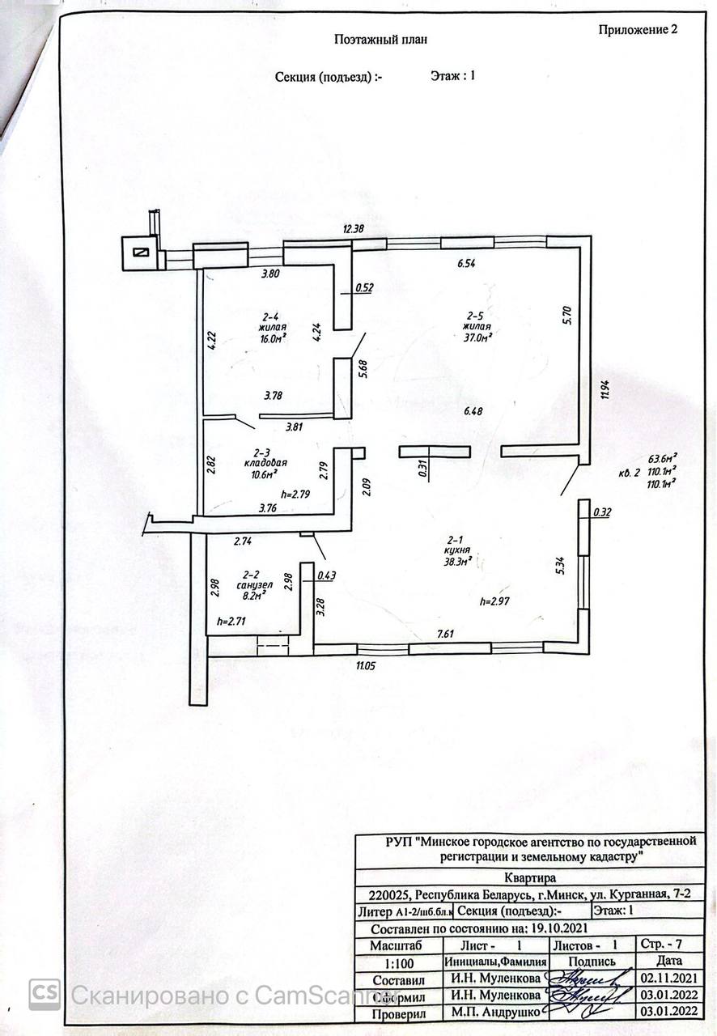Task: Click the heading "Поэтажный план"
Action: (380, 39)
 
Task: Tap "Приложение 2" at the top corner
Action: (637, 30)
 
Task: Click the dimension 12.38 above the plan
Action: (354, 229)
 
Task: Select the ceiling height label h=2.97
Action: (497, 601)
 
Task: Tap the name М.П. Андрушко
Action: (495, 1012)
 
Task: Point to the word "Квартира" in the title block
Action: (529, 877)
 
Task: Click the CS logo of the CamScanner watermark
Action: (45, 994)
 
